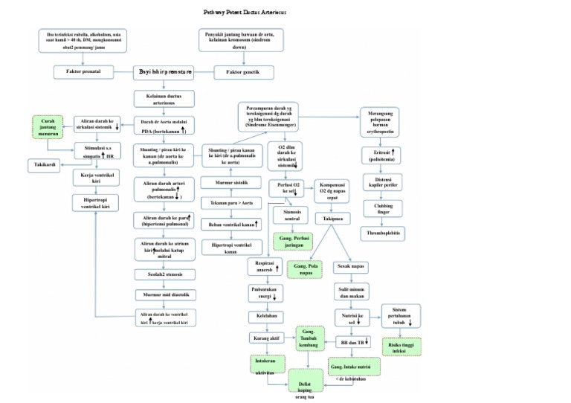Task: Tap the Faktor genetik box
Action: pyautogui.click(x=243, y=72)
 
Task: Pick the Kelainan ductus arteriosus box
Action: pyautogui.click(x=164, y=100)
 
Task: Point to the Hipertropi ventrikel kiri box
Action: pyautogui.click(x=95, y=202)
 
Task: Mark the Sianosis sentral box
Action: pyautogui.click(x=291, y=216)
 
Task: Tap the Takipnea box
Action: pyautogui.click(x=333, y=219)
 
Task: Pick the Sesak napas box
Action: pyautogui.click(x=352, y=265)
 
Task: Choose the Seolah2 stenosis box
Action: pyautogui.click(x=164, y=274)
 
